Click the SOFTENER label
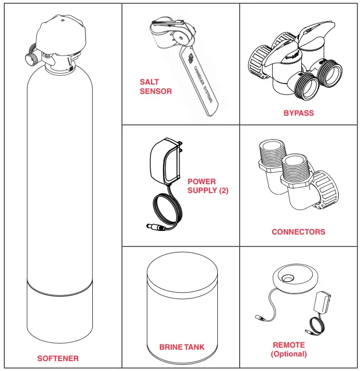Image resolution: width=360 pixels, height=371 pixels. tap(58, 358)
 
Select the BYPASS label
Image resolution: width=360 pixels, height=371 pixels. tap(298, 113)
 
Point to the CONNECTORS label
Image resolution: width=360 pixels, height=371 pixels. tap(298, 232)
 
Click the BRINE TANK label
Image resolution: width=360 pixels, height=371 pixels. tap(182, 347)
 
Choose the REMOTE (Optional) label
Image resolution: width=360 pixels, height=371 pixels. tap(289, 349)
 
